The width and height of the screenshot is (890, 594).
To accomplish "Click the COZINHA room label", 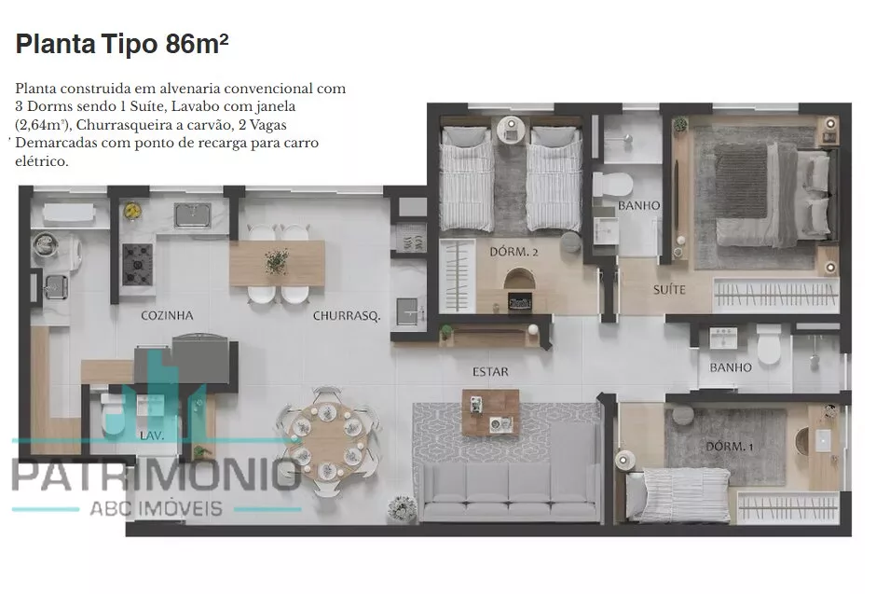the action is [x=167, y=315].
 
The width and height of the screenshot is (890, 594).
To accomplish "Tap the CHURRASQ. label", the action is [x=347, y=316].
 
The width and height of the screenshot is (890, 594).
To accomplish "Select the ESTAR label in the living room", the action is [x=490, y=372].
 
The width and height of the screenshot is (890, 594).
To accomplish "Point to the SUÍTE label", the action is [x=669, y=290].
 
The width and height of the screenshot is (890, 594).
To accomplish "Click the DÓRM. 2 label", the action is [x=513, y=252].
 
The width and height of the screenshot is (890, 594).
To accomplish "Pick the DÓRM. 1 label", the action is [x=730, y=447].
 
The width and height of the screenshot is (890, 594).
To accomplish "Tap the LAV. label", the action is [x=152, y=435].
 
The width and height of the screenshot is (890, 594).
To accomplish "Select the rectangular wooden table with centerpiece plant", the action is [x=277, y=263].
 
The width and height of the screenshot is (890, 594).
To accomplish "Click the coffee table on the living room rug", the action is [x=491, y=412].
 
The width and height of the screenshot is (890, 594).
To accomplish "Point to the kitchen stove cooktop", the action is [x=137, y=264].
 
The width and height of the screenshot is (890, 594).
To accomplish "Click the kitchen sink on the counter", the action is [x=192, y=215].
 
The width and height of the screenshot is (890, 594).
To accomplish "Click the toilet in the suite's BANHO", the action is [x=612, y=185].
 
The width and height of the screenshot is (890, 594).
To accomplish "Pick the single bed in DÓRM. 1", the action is [x=678, y=493].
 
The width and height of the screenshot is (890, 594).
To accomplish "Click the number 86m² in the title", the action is [x=197, y=44].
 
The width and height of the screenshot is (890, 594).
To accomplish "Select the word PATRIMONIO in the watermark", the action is [x=156, y=476].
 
